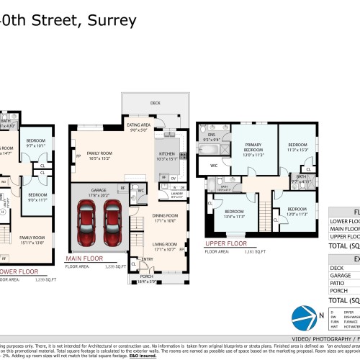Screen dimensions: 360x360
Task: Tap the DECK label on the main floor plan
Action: tap(155, 103)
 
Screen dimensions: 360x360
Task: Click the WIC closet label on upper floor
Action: tap(214, 166)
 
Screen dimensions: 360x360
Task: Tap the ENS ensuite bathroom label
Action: tap(211, 134)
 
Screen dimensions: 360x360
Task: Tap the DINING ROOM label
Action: tap(165, 217)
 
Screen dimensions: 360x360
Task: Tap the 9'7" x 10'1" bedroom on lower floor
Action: tap(35, 143)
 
